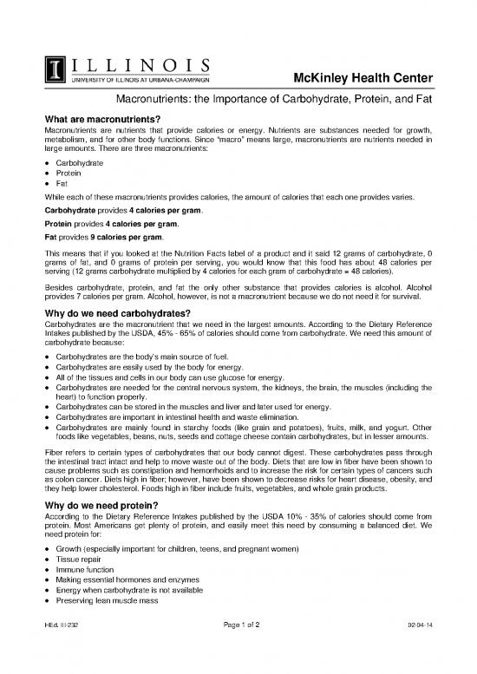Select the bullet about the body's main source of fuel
coord(127,357)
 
